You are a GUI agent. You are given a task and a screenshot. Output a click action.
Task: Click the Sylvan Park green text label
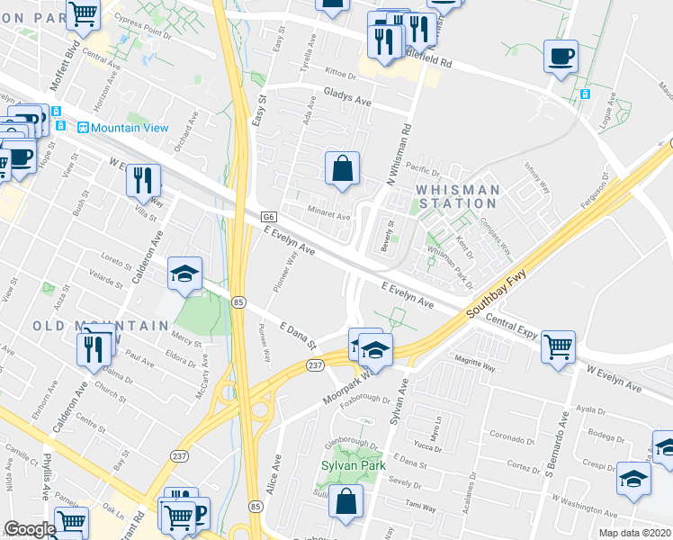(x=353, y=465)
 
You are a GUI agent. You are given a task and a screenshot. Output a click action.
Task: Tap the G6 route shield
(x=268, y=217)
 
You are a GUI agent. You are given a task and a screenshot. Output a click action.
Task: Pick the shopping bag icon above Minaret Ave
(x=342, y=168)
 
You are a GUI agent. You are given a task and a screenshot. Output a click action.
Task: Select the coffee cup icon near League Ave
(x=561, y=57)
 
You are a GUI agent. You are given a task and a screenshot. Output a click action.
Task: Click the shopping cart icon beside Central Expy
(x=558, y=345)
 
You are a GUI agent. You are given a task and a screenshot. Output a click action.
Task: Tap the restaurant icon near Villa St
(x=143, y=180)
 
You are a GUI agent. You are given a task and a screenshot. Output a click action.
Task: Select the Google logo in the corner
(x=30, y=529)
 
